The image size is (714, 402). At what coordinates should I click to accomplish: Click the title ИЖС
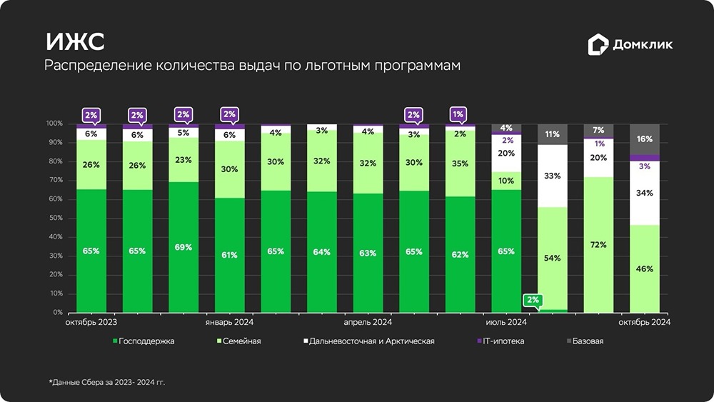click(75, 42)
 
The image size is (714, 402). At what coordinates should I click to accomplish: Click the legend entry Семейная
click(240, 341)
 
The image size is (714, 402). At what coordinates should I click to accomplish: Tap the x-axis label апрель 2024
click(368, 323)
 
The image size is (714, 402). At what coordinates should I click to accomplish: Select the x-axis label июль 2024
click(506, 323)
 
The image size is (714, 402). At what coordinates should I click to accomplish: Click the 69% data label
click(183, 248)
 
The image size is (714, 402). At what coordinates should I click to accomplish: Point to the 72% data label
click(598, 245)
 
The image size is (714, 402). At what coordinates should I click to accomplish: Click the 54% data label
click(552, 258)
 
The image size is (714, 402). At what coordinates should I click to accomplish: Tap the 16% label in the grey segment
click(644, 139)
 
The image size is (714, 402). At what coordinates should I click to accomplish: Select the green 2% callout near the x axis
click(533, 301)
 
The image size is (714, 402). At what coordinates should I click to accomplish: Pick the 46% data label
click(644, 269)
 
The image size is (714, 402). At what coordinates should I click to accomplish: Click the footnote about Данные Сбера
click(107, 382)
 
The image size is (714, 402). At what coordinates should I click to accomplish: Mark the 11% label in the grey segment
click(552, 134)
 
